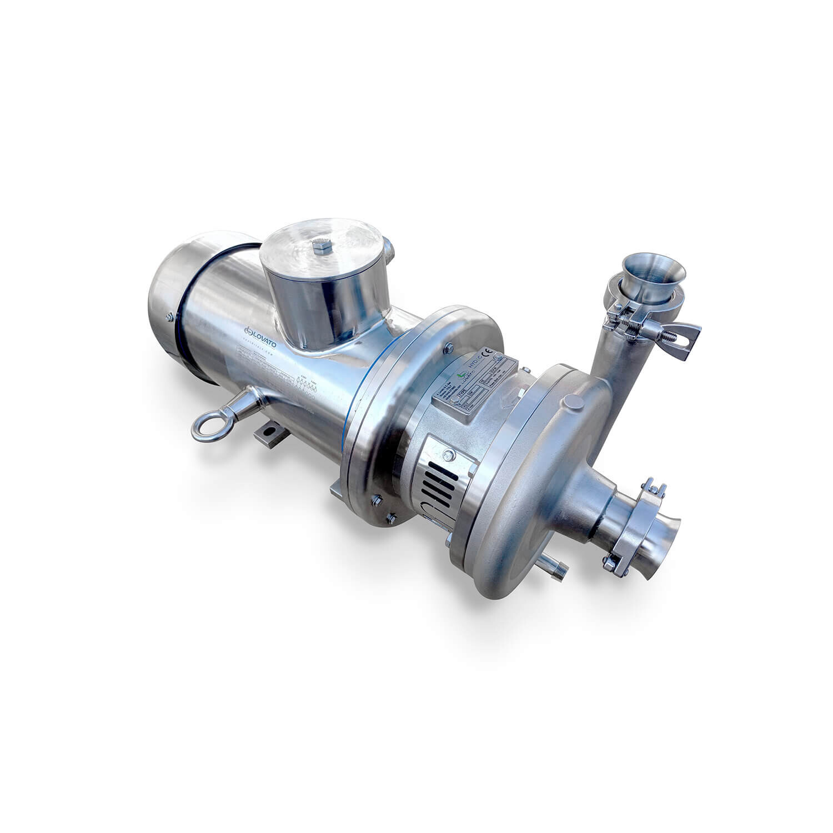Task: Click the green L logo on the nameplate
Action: (459, 375)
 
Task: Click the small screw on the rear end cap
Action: (169, 317)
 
